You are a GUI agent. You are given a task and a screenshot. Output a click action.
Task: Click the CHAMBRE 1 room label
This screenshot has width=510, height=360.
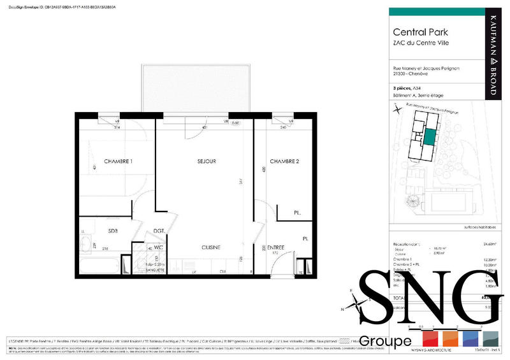coord(118,162)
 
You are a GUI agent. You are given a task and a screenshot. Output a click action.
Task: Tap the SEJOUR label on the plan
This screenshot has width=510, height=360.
coord(207,162)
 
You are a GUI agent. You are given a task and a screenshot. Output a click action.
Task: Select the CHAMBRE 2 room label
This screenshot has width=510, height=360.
coord(284,162)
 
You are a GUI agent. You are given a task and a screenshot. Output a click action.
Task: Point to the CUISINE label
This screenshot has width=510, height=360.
coord(211,247)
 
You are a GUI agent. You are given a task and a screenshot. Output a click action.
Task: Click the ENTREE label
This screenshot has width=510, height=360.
coord(276,247)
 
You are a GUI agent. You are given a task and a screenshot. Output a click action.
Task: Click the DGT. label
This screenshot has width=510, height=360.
coord(159,231)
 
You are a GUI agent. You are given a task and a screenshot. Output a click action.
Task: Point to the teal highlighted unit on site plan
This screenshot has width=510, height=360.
coord(430,136)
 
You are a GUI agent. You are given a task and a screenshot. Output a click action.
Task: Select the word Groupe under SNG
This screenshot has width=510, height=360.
coord(385,342)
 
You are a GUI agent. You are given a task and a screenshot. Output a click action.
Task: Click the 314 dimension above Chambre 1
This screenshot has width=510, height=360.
coord(117,127)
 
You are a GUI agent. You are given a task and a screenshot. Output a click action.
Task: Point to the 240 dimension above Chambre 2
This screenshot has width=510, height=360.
coord(283,127)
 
